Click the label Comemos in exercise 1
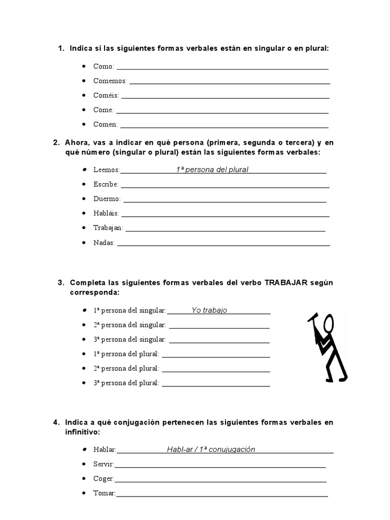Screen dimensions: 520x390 pos(110,81)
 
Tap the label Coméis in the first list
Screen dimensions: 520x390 pos(106,95)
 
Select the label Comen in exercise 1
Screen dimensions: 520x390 pos(105,124)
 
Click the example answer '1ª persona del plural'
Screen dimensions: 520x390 pos(212,170)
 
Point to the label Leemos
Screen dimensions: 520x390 pos(107,170)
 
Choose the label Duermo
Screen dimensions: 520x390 pos(107,199)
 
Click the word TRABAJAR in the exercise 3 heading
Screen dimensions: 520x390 pos(286,283)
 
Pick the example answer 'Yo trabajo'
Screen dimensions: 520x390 pos(209,310)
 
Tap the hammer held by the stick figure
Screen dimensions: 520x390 pos(312,318)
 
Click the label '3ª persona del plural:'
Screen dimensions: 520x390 pos(126,383)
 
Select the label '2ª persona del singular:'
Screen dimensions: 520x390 pos(129,325)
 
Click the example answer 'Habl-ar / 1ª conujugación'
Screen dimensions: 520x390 pos(211,449)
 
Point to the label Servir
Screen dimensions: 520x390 pos(104,464)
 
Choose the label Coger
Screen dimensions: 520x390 pos(104,479)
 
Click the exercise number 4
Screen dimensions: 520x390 pos(55,422)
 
